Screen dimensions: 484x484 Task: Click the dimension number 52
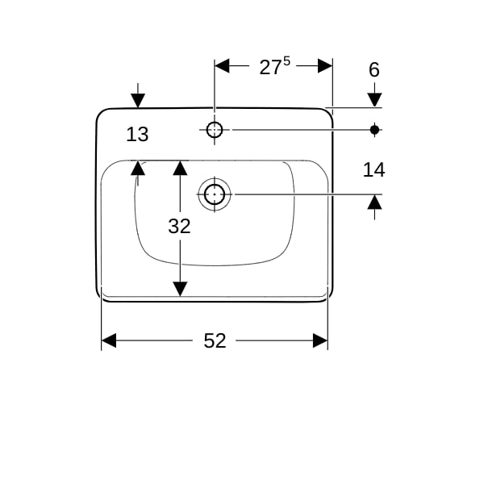tap(215, 340)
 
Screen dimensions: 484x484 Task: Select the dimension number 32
tap(179, 226)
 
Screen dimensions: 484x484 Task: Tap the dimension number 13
tap(137, 135)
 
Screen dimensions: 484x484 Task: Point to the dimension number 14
tap(373, 169)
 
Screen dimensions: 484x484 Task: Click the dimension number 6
tap(374, 69)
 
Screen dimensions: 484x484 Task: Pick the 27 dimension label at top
tap(269, 68)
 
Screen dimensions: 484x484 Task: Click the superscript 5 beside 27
tap(286, 61)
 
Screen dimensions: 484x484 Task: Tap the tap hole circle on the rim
tap(215, 130)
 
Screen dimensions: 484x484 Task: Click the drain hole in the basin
tap(215, 194)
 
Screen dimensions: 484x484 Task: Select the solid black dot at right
tap(374, 130)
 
